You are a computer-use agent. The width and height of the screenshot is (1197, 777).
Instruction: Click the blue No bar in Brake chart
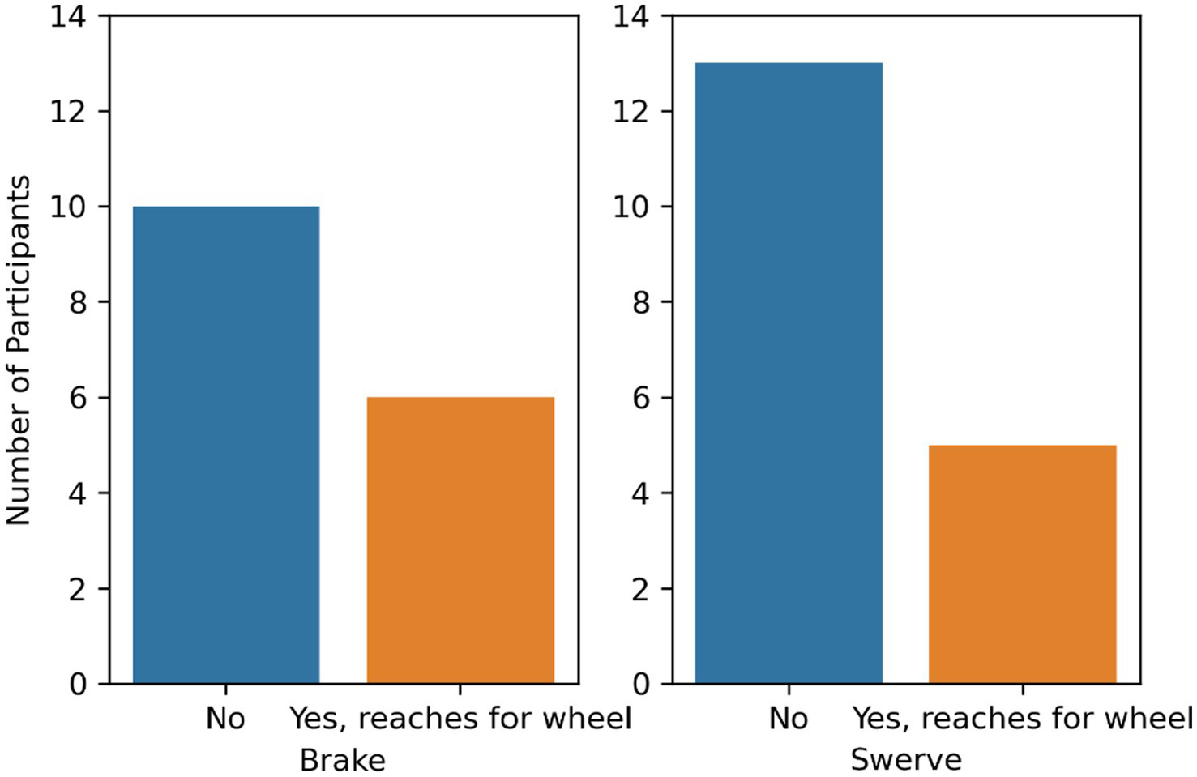pos(226,445)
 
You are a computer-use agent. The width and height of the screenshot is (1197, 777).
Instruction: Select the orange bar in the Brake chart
pos(460,540)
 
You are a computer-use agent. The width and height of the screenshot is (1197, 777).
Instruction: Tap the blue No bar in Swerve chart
pos(789,374)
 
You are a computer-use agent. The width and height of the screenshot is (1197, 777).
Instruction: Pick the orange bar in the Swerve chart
pos(1023,564)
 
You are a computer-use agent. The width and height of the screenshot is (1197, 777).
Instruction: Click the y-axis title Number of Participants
pos(19,350)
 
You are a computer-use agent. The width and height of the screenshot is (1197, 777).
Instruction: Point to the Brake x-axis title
pos(343,761)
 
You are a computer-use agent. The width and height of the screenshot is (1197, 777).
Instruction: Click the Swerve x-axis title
pos(906,761)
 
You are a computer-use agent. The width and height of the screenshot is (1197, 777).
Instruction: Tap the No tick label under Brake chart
pos(225,719)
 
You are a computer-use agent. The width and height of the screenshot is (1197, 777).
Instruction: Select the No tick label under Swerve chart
pos(789,719)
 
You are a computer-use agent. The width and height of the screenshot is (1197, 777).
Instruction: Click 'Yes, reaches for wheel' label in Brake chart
pos(460,719)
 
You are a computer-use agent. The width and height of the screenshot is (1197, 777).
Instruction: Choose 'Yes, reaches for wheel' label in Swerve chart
pos(1023,719)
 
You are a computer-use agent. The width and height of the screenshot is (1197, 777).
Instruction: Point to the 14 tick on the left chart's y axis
pos(68,16)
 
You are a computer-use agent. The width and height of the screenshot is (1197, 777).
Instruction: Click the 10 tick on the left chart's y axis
pos(68,207)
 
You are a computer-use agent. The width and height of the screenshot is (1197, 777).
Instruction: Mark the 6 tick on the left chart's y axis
pos(78,398)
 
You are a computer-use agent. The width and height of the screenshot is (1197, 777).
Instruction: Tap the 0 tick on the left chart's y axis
pos(78,685)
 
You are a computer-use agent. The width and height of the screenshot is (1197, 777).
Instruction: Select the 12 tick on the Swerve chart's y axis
pos(631,112)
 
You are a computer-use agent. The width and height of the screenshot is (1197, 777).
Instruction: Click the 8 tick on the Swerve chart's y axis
pos(641,303)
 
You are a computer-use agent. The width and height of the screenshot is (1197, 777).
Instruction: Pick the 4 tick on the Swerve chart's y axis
pos(641,493)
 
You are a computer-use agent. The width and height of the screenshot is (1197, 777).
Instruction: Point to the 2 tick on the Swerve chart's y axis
pos(641,589)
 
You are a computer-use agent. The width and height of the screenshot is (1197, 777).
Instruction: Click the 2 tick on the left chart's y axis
pos(78,589)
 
